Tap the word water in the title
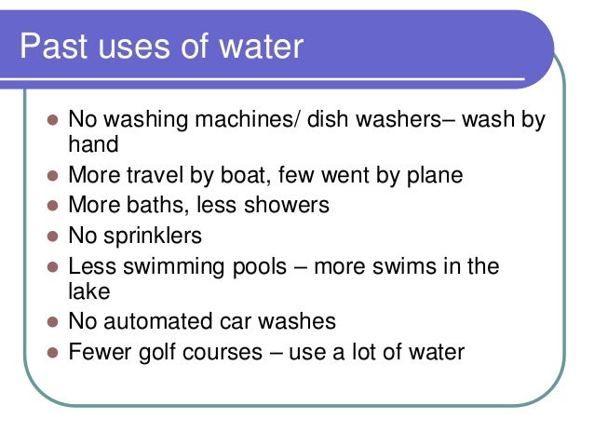[x=263, y=46]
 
